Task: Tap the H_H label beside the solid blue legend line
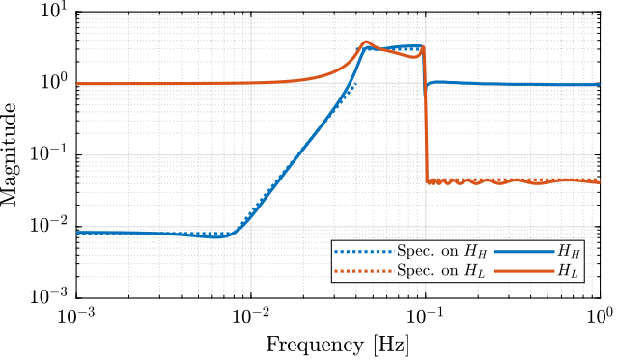pos(570,252)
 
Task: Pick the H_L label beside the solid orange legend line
pos(570,271)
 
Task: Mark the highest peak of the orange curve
pos(366,42)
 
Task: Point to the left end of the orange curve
pos(78,84)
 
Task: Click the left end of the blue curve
pos(78,233)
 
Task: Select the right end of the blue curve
pos(598,85)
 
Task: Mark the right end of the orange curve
pos(598,182)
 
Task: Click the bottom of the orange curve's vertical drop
pos(427,181)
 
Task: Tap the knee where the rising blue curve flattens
pos(365,48)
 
